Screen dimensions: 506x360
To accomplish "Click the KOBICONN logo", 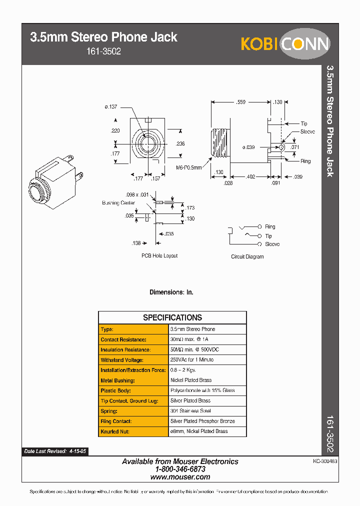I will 285,43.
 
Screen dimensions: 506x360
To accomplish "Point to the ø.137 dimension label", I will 111,106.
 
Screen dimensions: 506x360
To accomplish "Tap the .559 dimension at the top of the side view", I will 240,102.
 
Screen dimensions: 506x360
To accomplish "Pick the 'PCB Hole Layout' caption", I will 159,255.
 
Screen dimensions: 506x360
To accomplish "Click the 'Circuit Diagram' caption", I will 247,256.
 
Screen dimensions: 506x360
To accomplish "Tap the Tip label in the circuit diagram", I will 268,236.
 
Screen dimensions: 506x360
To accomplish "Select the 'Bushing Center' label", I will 118,203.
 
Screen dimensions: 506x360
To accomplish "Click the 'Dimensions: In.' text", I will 171,292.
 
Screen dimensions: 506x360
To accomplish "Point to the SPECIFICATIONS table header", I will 172,317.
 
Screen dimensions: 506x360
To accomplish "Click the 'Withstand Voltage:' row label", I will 122,360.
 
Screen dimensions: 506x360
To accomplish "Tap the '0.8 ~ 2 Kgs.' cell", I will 183,370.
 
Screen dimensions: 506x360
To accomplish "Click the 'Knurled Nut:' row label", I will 116,431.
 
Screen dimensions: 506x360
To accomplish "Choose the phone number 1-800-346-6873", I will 180,469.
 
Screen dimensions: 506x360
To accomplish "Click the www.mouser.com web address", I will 180,477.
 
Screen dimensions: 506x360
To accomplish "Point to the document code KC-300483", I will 325,462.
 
